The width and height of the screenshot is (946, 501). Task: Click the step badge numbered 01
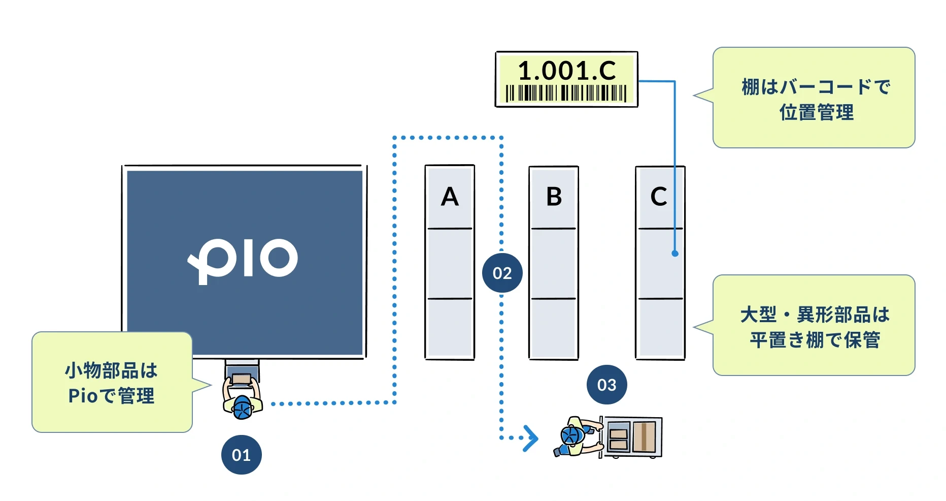click(241, 454)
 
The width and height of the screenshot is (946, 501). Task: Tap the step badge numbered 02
click(502, 273)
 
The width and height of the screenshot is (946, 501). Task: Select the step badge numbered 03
click(606, 385)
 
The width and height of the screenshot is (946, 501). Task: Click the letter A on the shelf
click(450, 197)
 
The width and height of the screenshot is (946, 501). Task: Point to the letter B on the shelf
click(554, 197)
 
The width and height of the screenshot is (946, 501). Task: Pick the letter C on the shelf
click(659, 197)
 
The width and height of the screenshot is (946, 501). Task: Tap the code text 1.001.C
click(566, 71)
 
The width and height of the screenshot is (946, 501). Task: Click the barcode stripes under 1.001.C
click(566, 93)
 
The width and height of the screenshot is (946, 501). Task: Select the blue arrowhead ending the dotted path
click(531, 438)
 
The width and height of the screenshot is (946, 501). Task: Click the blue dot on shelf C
click(674, 253)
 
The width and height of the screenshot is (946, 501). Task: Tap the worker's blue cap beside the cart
click(572, 436)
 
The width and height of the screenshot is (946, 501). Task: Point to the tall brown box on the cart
click(644, 437)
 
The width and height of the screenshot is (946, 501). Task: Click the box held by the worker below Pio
click(241, 379)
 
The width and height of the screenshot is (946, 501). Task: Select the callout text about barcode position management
click(816, 100)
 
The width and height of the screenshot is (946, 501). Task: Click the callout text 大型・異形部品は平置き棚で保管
click(815, 327)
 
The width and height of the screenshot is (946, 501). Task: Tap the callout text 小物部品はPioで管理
click(111, 383)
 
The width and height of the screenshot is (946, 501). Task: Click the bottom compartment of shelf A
click(450, 328)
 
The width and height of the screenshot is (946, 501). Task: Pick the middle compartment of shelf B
click(554, 263)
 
